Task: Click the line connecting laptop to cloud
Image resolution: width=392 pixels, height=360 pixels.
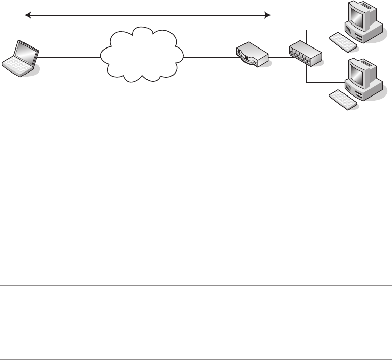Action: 69,58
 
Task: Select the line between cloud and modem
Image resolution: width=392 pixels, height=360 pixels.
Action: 209,58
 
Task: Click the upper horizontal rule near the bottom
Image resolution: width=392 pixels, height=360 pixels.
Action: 196,286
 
